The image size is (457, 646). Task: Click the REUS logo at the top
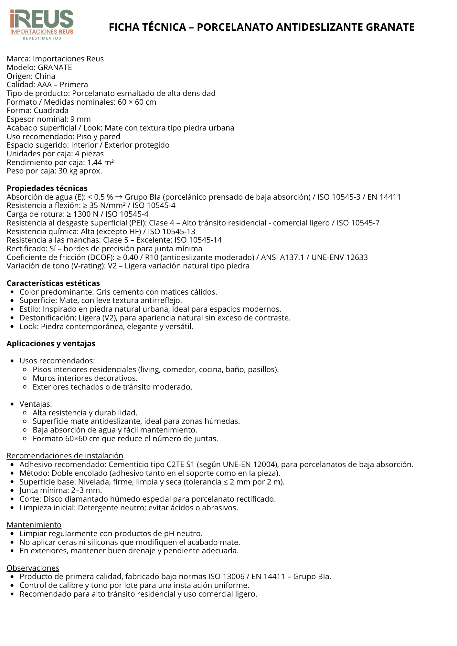(x=42, y=24)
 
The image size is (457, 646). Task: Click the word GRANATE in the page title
(x=390, y=27)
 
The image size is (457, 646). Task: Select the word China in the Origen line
(x=45, y=76)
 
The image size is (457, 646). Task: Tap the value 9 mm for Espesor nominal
(x=80, y=119)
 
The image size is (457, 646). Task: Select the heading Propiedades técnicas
(x=47, y=188)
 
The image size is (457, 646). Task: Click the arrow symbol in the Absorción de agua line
(x=119, y=197)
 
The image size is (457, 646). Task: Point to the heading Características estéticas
(x=53, y=283)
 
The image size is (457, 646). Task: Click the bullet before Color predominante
(x=12, y=292)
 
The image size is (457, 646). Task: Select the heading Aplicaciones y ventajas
(x=51, y=344)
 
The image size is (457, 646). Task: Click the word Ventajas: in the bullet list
(x=36, y=404)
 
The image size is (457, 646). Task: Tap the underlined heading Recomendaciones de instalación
(x=65, y=456)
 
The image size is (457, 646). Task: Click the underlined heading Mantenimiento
(x=34, y=525)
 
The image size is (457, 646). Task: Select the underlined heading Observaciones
(x=33, y=568)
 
